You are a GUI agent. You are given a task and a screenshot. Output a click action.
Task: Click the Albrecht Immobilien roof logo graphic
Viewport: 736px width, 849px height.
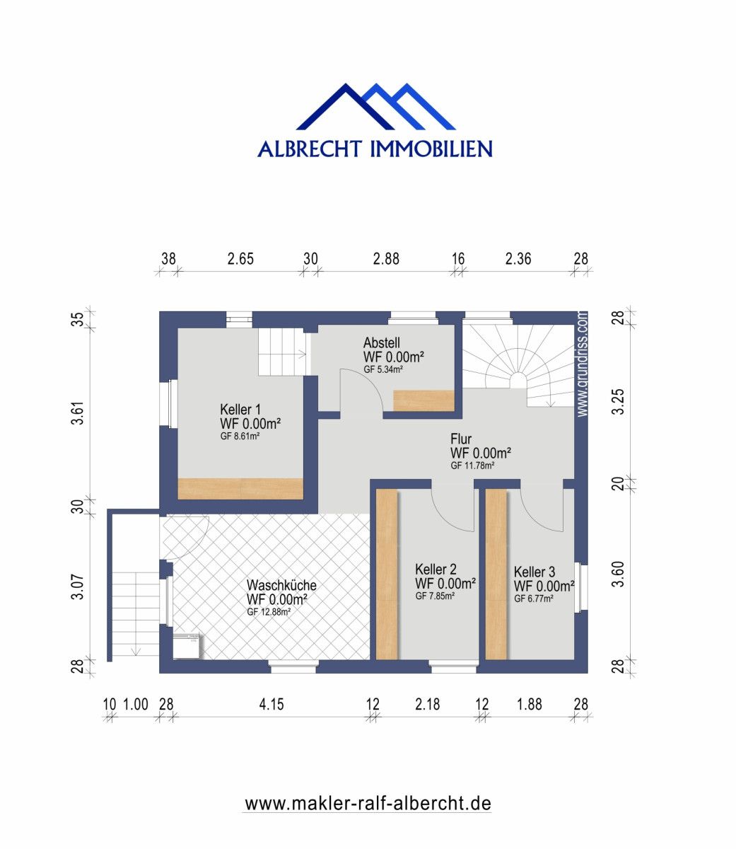[x=375, y=107]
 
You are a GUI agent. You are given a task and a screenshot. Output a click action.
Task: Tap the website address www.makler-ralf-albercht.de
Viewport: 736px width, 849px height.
[x=368, y=804]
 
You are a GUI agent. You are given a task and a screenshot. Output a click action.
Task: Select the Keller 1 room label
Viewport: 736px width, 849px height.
[x=240, y=410]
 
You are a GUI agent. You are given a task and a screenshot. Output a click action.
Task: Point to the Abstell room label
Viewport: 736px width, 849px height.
[x=382, y=342]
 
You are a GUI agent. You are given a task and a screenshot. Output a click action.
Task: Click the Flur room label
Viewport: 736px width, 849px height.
[x=461, y=439]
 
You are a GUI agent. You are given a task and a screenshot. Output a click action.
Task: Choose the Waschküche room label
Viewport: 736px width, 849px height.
[x=281, y=586]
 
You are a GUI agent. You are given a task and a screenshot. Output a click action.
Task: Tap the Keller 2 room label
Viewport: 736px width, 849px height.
[x=436, y=570]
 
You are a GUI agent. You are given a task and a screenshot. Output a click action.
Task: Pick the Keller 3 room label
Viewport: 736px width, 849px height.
[x=535, y=572]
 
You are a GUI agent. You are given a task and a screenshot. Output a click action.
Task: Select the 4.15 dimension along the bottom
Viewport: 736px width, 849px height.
[x=271, y=704]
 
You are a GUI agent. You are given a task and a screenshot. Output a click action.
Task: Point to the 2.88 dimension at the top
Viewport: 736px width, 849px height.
[x=386, y=259]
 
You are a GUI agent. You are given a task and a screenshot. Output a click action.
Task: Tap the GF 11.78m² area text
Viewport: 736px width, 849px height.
[x=472, y=466]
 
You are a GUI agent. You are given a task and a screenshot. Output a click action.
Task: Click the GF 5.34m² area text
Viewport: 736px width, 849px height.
[x=383, y=369]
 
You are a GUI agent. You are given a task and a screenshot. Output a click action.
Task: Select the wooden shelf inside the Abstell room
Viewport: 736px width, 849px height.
[x=423, y=400]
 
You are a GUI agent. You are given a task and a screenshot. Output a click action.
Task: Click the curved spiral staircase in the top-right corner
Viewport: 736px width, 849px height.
[x=520, y=361]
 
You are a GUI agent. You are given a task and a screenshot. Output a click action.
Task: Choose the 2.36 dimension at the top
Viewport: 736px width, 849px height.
[x=518, y=259]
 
